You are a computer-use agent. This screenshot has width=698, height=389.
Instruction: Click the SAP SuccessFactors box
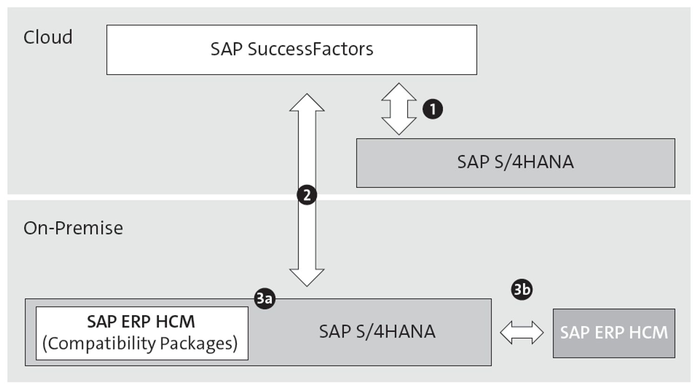pyautogui.click(x=291, y=50)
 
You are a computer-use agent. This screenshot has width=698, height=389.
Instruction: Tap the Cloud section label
pyautogui.click(x=48, y=37)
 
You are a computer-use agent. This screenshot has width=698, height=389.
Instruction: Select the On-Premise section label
pyautogui.click(x=73, y=228)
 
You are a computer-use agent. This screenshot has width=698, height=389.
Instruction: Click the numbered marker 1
pyautogui.click(x=432, y=109)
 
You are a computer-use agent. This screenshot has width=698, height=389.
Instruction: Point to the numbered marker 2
pyautogui.click(x=307, y=195)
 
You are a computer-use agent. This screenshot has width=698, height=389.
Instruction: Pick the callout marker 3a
pyautogui.click(x=265, y=298)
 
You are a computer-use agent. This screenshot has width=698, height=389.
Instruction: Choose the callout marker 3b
pyautogui.click(x=521, y=289)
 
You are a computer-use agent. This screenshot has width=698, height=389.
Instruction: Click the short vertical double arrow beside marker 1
pyautogui.click(x=399, y=109)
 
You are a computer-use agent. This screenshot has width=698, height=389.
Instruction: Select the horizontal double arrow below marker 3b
pyautogui.click(x=521, y=333)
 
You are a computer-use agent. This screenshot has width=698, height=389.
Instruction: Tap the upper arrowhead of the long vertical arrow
pyautogui.click(x=307, y=103)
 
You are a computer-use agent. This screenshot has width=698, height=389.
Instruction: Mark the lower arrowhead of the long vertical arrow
pyautogui.click(x=307, y=277)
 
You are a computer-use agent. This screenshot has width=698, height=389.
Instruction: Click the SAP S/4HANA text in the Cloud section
pyautogui.click(x=515, y=162)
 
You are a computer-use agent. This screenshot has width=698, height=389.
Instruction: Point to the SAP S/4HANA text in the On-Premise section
pyautogui.click(x=377, y=332)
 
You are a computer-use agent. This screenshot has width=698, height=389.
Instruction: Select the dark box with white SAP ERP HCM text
pyautogui.click(x=614, y=333)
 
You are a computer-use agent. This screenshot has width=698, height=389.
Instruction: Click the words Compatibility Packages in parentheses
pyautogui.click(x=140, y=344)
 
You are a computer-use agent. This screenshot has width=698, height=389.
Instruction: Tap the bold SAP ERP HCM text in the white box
pyautogui.click(x=141, y=321)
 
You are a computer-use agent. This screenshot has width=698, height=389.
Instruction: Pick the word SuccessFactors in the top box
pyautogui.click(x=310, y=49)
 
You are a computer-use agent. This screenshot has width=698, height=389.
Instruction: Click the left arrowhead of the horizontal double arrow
pyautogui.click(x=506, y=333)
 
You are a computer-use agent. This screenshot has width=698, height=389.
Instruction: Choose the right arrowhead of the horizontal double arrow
pyautogui.click(x=537, y=333)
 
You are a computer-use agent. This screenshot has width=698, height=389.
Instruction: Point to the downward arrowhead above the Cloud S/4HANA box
pyautogui.click(x=399, y=126)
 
